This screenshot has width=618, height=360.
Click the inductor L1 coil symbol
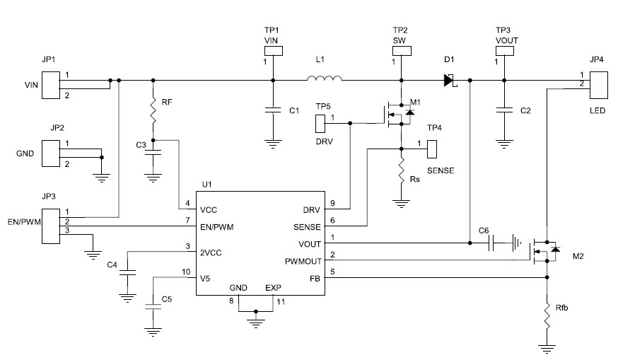325,79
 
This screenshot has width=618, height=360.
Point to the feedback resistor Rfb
546,315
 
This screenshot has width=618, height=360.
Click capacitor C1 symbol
272,110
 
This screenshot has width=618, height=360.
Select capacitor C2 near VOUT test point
503,110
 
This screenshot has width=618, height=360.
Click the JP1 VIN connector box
50,86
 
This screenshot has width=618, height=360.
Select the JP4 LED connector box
597,85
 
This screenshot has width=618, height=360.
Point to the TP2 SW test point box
401,51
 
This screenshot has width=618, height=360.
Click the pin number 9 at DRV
332,204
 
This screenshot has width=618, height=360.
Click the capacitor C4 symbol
128,272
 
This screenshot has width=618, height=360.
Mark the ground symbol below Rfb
546,347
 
